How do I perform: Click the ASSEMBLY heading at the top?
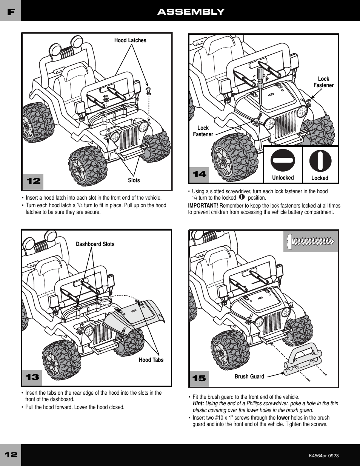click(x=191, y=12)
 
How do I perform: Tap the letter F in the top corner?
click(x=11, y=12)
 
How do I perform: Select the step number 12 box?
click(x=33, y=181)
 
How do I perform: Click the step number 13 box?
click(x=32, y=377)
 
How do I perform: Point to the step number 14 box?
click(x=199, y=174)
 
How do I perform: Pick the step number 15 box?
click(x=199, y=378)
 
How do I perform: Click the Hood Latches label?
click(x=130, y=40)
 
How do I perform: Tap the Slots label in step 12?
click(x=134, y=180)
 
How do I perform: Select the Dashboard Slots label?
click(x=95, y=244)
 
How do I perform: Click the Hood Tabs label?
click(x=151, y=360)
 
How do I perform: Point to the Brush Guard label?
click(x=249, y=377)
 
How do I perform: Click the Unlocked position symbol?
click(x=283, y=160)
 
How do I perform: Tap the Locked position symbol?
click(x=320, y=160)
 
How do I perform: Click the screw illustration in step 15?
click(x=311, y=241)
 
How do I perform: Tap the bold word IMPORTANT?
click(x=203, y=206)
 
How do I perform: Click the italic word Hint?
click(x=198, y=403)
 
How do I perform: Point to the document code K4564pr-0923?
click(x=323, y=455)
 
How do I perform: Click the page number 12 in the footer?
click(x=11, y=455)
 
